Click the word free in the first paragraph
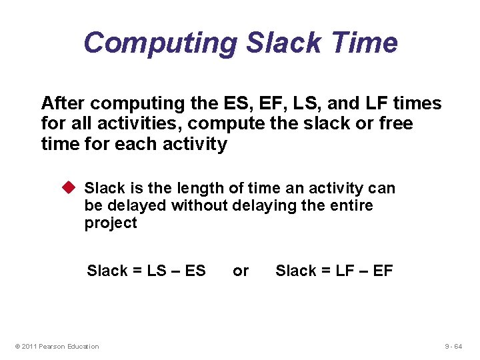(395, 123)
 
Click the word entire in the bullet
(351, 205)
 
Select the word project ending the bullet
(111, 223)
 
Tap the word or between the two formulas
(241, 271)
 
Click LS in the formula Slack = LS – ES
(157, 271)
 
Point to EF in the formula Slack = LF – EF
(383, 271)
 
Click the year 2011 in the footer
(30, 346)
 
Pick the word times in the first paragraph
(417, 103)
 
